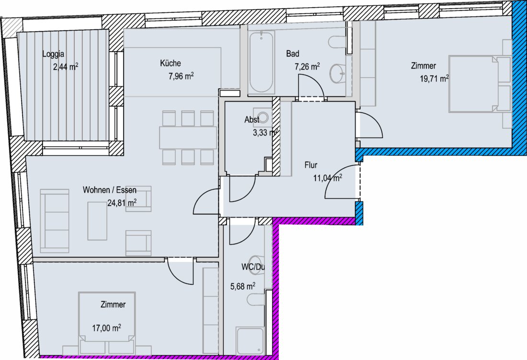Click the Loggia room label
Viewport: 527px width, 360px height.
click(53, 54)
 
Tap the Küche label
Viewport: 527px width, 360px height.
click(171, 63)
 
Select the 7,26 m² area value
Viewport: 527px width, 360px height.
click(307, 67)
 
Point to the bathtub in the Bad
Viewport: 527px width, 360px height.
click(261, 62)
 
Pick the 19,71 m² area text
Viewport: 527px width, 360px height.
click(434, 79)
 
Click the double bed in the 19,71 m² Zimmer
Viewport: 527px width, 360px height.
click(480, 84)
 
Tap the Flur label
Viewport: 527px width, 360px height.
click(311, 165)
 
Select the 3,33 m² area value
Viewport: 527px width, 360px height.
click(265, 133)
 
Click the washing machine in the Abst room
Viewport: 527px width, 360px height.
click(263, 117)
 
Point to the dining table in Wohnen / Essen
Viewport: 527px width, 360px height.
click(188, 138)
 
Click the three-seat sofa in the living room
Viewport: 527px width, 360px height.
click(55, 221)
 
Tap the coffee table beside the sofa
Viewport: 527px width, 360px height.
click(97, 221)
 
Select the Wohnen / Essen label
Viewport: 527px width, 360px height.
click(110, 190)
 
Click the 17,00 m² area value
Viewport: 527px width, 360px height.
click(106, 328)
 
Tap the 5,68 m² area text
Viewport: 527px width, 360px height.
click(243, 286)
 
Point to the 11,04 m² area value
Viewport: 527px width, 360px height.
click(328, 178)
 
